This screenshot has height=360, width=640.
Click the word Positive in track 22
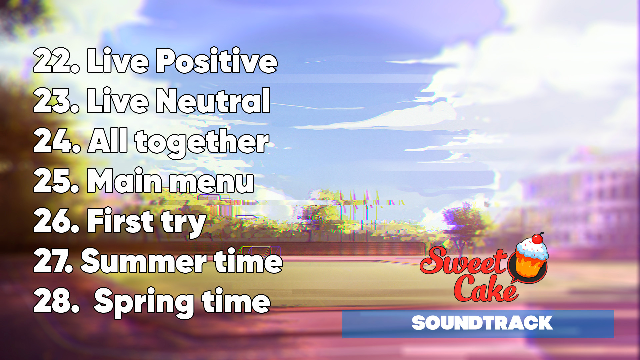pos(217,61)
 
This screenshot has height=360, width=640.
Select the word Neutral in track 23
pos(213,100)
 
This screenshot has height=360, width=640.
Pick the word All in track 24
pos(108,140)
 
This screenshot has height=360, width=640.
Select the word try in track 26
pos(184,223)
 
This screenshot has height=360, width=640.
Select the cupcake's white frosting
pos(532,249)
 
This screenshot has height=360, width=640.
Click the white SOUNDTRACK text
pos(482,323)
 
